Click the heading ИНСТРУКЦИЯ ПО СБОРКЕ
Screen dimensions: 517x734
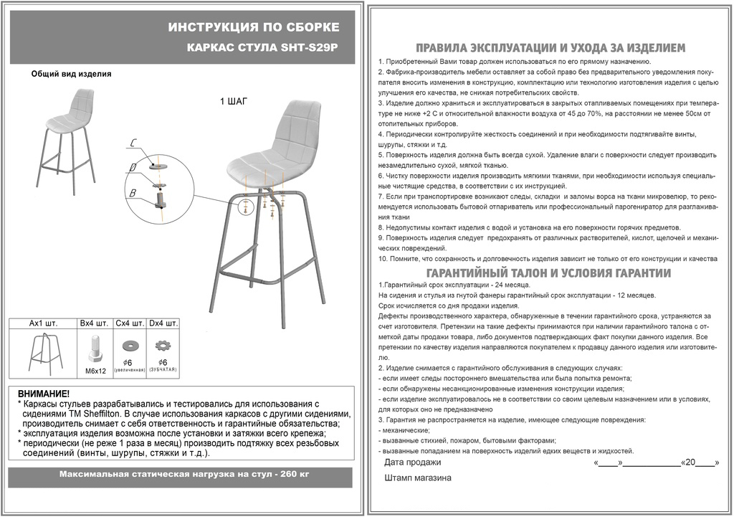coord(254,27)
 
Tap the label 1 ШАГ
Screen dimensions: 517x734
coord(233,101)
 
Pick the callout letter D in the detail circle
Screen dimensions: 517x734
coord(133,169)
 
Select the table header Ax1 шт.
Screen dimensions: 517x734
coord(43,323)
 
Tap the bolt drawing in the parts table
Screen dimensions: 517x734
coord(94,350)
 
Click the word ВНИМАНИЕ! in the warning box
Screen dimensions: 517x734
coord(44,394)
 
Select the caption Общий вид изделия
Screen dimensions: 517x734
coord(72,74)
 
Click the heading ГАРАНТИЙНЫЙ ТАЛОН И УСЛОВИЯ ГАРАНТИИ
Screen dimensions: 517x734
coord(548,273)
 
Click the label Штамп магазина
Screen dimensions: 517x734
coord(418,478)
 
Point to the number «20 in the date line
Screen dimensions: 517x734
coord(689,463)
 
